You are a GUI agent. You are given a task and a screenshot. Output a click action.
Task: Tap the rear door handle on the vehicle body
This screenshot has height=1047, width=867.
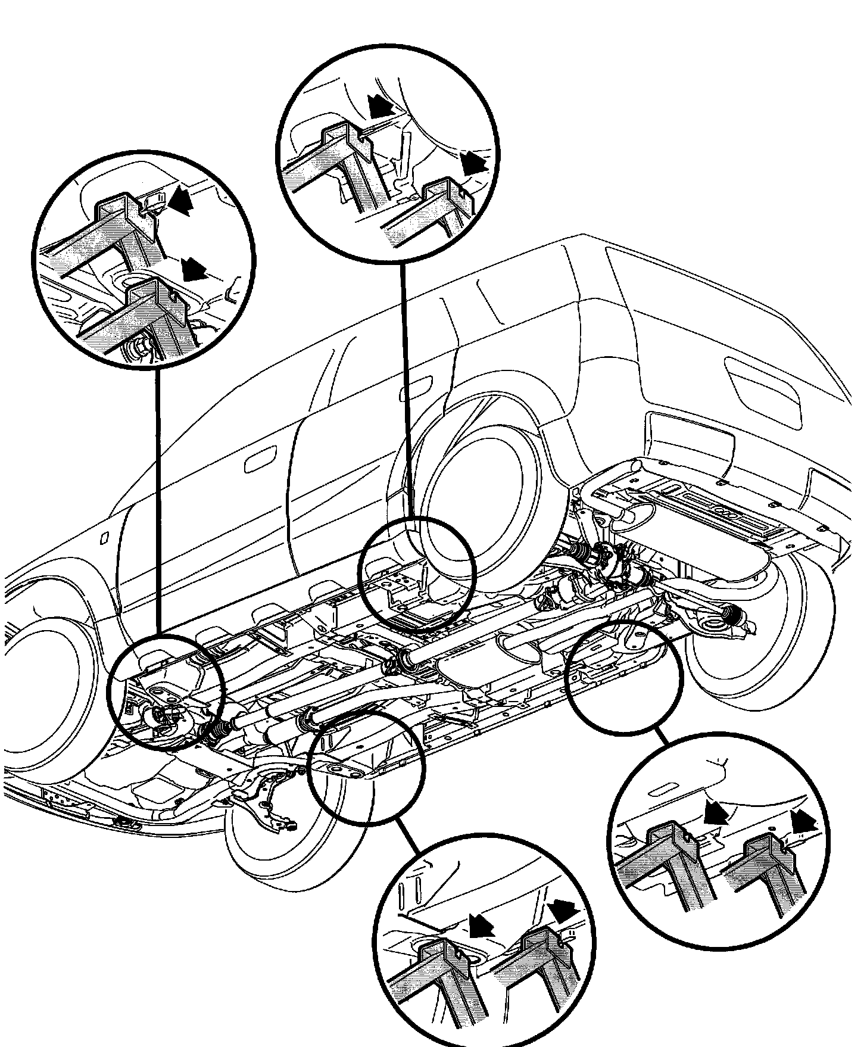pos(416,386)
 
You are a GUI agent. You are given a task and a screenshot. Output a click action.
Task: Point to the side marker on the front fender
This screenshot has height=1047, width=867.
pos(102,538)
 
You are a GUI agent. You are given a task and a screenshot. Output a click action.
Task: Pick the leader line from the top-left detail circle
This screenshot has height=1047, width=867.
pos(158,500)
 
